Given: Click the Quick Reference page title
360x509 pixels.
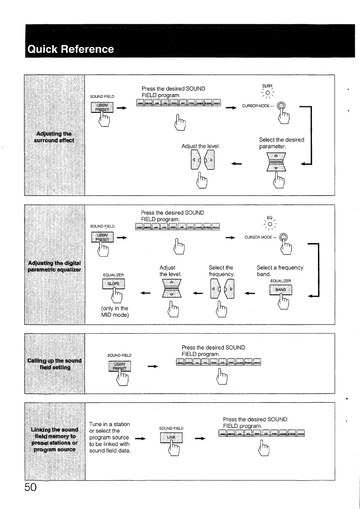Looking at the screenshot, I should click(x=71, y=49).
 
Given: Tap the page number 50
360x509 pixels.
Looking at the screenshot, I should click(x=30, y=487).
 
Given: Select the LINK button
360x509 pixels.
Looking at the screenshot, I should click(x=171, y=437).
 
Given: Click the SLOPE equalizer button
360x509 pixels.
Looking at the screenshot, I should click(x=113, y=284).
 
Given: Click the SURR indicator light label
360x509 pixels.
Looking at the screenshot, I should click(x=267, y=86).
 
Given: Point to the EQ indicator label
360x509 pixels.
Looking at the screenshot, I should click(x=270, y=218).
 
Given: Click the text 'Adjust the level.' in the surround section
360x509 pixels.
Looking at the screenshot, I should click(x=200, y=146).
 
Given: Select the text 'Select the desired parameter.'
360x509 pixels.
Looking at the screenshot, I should click(x=281, y=143).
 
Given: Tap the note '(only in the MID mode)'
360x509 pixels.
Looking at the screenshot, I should click(x=115, y=312).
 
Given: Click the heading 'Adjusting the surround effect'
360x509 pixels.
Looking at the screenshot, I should click(x=54, y=137).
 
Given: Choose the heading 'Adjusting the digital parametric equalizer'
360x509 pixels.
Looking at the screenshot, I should click(x=54, y=266).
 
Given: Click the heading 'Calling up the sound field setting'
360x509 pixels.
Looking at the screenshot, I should click(x=54, y=364).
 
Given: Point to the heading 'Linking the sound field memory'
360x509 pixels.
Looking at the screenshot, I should click(x=54, y=439).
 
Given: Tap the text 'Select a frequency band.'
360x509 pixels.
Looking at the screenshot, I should click(x=280, y=271).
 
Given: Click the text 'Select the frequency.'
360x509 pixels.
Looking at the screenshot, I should click(x=222, y=271).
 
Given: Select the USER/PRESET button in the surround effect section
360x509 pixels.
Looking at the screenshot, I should click(x=102, y=107).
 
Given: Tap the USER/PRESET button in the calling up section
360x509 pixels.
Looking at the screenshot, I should click(x=119, y=366).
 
